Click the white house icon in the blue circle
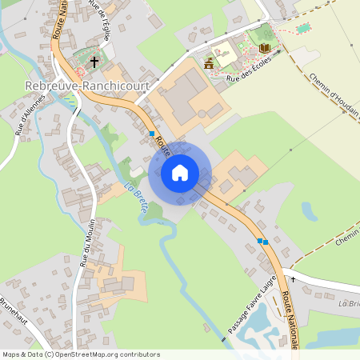pos(180,172)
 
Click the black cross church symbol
pos(94,61)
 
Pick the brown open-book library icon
pos(264,49)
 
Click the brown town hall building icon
pos(209,63)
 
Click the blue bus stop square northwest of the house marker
pos(152,134)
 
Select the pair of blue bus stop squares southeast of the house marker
pos(260,240)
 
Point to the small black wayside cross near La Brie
pos(293,280)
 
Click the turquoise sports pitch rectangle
pos(302,29)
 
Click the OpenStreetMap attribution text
pos(80,354)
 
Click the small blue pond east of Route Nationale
pos(309,211)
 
